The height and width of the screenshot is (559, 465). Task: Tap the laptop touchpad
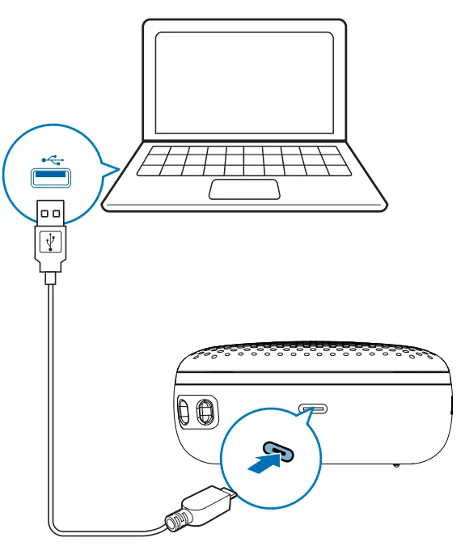pyautogui.click(x=244, y=189)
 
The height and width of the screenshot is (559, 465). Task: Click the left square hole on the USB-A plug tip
pyautogui.click(x=44, y=214)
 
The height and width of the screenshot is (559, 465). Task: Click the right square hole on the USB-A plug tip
pyautogui.click(x=57, y=214)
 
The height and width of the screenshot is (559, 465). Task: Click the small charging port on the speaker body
pyautogui.click(x=313, y=409)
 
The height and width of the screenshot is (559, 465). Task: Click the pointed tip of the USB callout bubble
pyautogui.click(x=118, y=168)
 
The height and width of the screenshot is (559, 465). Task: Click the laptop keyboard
pyautogui.click(x=243, y=160)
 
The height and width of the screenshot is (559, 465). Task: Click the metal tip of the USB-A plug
pyautogui.click(x=51, y=212)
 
